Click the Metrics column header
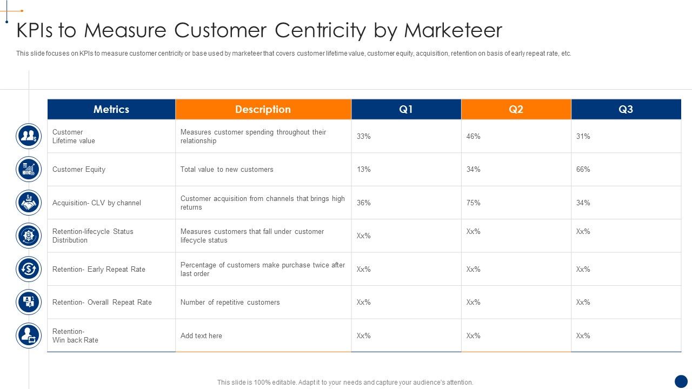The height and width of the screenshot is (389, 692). (111, 109)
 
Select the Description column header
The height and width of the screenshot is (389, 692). (263, 109)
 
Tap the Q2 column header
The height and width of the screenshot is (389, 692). (516, 109)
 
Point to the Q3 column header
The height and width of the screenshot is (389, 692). (626, 109)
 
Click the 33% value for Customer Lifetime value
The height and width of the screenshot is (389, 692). (364, 137)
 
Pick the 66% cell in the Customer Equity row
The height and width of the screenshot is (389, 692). (583, 170)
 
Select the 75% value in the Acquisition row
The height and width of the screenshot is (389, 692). (474, 203)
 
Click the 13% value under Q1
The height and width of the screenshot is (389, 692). (364, 170)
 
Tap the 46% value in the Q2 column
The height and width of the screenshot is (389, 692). (474, 137)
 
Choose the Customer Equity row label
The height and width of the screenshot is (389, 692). (79, 170)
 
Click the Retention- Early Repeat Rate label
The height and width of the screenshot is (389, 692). (99, 270)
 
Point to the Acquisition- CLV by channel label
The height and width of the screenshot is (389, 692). (97, 203)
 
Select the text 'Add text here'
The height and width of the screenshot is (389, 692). (201, 336)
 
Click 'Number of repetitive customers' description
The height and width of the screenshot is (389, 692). (230, 303)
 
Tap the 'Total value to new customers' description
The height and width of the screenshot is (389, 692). (227, 170)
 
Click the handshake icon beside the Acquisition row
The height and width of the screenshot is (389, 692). (29, 203)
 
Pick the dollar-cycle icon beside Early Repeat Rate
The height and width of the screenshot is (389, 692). (29, 269)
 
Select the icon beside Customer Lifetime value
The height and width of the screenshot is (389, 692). (29, 136)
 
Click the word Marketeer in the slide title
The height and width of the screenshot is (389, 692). (453, 30)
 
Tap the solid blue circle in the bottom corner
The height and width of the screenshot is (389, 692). (681, 381)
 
